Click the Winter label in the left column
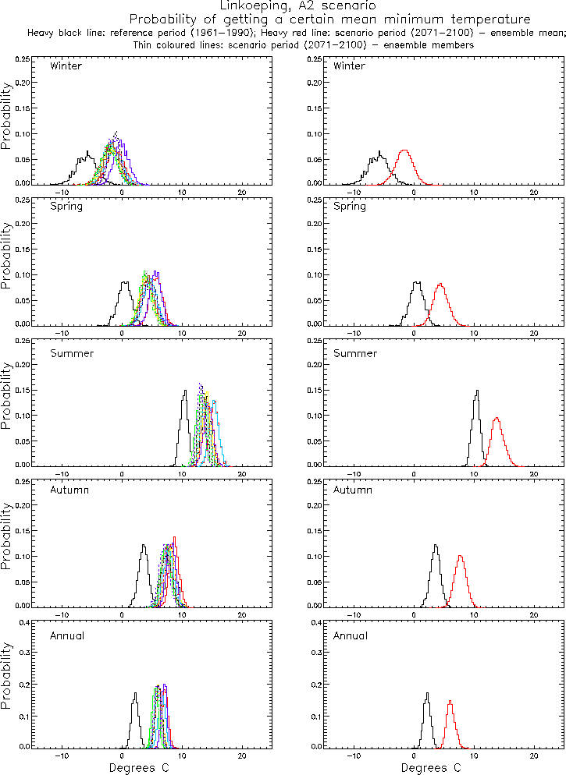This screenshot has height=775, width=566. coord(66,65)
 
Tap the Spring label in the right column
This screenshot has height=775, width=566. coord(348,207)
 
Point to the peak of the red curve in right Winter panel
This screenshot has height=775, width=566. coord(404,150)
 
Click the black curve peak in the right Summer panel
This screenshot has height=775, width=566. coord(477,391)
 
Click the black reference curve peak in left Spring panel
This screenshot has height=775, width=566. coord(124,281)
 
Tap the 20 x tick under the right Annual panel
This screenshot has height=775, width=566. coord(534,756)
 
